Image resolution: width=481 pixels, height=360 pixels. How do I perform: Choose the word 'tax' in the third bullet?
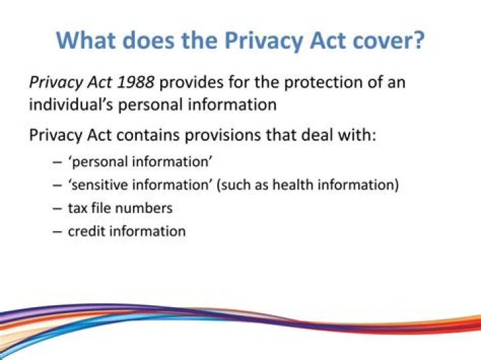point(78,208)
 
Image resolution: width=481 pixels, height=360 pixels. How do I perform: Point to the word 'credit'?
point(86,232)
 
